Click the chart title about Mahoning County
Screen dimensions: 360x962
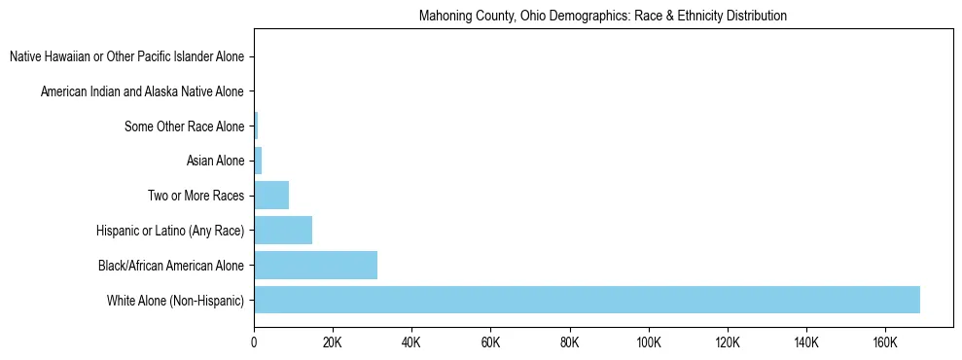pos(602,17)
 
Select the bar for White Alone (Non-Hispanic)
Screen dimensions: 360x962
pos(587,300)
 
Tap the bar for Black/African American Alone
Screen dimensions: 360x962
pos(315,265)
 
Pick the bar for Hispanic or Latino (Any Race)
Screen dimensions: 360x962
pos(283,231)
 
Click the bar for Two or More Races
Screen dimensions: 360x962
pos(271,196)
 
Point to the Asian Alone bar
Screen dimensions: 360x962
pos(258,162)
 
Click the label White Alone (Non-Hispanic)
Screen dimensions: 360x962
pos(176,300)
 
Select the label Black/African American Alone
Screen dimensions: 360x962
pos(171,265)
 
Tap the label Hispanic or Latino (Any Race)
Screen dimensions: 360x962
pos(170,231)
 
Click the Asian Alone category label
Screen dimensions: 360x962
pos(215,162)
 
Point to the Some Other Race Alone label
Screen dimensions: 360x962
pos(184,126)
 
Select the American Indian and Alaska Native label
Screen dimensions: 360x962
pos(142,92)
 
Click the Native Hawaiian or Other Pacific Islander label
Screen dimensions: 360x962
pos(126,57)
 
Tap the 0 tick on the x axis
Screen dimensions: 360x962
pos(254,343)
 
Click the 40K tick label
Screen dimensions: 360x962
pos(411,343)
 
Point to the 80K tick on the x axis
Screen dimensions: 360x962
pos(569,343)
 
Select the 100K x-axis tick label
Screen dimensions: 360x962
pos(648,343)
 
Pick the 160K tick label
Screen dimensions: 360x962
pos(884,343)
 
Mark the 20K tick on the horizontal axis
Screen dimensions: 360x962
pos(333,343)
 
